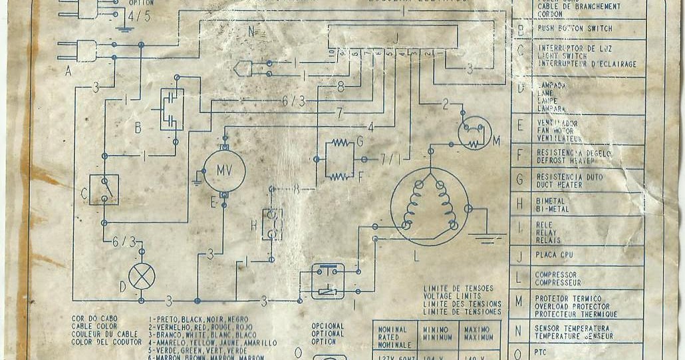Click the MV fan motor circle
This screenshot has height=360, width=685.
[x=224, y=170]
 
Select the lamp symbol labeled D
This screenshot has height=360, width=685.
[x=141, y=276]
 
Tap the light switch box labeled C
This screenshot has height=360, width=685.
[x=104, y=190]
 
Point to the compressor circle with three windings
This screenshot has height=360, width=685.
[x=429, y=206]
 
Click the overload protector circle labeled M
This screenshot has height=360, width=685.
[x=474, y=132]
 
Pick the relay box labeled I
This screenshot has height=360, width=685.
[x=328, y=281]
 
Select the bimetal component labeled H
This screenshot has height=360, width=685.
[x=271, y=224]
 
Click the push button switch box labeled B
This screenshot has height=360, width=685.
[x=172, y=109]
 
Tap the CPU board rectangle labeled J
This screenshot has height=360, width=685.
[x=392, y=37]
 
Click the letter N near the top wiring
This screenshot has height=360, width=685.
[x=251, y=31]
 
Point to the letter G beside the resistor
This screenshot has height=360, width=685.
[x=359, y=141]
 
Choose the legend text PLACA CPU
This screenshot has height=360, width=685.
[x=556, y=256]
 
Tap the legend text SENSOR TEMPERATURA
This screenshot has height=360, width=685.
[x=572, y=328]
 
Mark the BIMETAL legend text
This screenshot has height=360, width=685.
[x=550, y=200]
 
